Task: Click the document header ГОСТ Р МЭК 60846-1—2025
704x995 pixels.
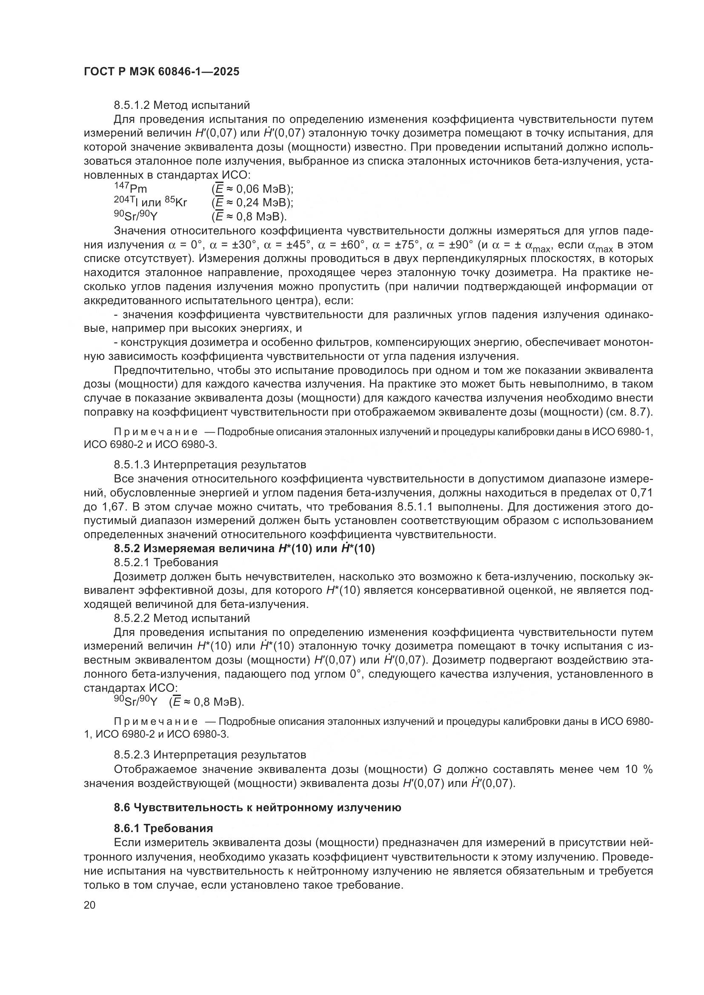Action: point(161,71)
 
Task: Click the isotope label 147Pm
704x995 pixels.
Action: point(131,188)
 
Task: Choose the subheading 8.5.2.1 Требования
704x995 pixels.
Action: point(166,562)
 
